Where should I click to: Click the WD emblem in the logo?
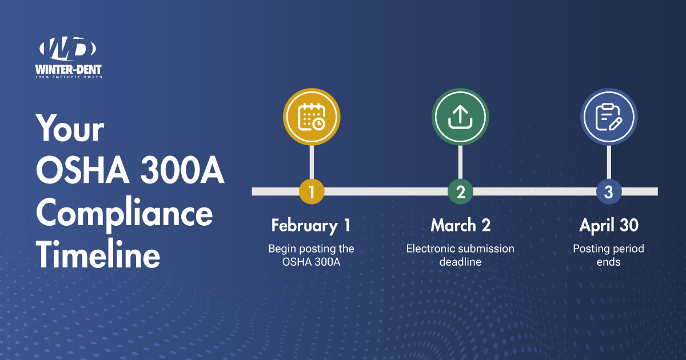point(67,49)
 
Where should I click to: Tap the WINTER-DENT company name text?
point(68,70)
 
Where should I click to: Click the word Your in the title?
point(70,128)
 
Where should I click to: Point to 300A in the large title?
point(182,170)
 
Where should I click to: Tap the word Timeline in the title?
point(98,254)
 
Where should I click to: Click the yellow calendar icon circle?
point(312,117)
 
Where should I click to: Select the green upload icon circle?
point(460,117)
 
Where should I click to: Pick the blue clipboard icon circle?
point(609,117)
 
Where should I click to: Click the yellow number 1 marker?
point(312,191)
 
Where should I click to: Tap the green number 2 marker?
point(460,191)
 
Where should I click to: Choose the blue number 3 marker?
point(609,191)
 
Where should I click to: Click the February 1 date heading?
point(311,226)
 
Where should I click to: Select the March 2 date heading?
point(461,225)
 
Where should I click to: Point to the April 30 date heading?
point(609,226)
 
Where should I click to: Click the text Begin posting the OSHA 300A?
point(311,255)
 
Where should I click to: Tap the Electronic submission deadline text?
point(460,255)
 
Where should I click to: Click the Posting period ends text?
point(608,255)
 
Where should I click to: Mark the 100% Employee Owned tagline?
point(69,77)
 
